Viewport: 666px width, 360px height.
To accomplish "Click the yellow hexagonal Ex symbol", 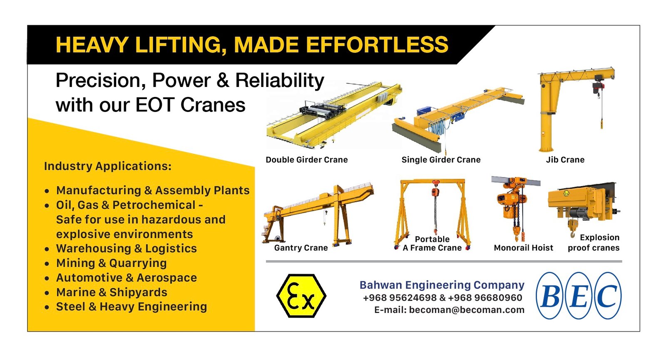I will point(301,296).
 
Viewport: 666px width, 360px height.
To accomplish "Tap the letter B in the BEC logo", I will point(551,296).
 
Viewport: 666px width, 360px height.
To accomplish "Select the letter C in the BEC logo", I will point(607,296).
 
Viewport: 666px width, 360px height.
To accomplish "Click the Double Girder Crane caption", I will point(307,160).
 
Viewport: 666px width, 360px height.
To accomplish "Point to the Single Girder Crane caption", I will point(441,160).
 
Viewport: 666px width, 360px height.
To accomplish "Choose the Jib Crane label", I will point(565,160).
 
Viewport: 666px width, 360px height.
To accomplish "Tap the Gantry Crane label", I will point(301,248).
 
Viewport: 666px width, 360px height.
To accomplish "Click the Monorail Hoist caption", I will point(523,248).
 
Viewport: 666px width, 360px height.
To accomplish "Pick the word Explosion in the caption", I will point(599,238).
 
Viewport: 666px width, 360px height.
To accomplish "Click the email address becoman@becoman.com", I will point(467,310).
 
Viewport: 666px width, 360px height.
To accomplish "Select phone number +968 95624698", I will point(400,298).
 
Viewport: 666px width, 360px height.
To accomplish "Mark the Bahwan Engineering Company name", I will point(442,285).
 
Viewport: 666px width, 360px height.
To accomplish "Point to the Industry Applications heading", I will point(108,166).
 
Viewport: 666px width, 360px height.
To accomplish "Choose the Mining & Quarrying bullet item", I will point(112,263).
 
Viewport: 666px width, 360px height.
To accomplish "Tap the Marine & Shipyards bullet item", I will point(112,292).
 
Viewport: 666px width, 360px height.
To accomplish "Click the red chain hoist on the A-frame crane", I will point(435,192).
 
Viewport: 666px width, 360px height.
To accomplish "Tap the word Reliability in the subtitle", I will point(280,81).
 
